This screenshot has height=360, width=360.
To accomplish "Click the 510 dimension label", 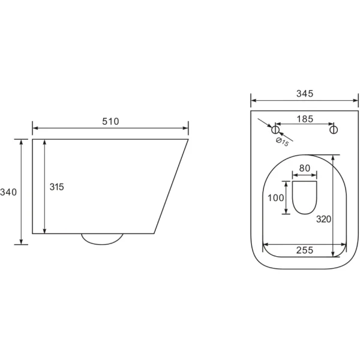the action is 110,121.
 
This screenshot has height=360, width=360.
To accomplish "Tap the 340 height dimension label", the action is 8,192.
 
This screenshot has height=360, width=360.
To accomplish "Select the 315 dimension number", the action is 57,187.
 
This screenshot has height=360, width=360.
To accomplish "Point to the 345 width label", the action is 305,94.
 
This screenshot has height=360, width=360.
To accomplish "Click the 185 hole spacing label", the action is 305,119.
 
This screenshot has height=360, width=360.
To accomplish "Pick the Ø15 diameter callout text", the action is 282,142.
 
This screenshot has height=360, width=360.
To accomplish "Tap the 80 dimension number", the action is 305,168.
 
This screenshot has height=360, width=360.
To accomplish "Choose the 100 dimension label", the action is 276,197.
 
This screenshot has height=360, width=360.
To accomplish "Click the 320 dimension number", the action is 324,219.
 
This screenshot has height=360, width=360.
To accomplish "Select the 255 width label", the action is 305,250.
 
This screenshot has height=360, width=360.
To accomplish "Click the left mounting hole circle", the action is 275,130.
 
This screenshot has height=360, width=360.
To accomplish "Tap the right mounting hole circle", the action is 334,130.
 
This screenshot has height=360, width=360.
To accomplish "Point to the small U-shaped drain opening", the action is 305,197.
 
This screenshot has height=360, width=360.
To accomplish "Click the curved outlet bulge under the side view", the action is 102,239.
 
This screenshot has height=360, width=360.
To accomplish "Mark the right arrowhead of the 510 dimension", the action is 185,128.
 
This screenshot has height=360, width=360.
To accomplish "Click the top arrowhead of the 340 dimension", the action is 21,142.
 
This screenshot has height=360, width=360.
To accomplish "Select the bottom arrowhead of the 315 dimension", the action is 44,231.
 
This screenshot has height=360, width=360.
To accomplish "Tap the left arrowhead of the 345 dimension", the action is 254,100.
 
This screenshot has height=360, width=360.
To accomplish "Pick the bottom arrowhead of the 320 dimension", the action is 333,254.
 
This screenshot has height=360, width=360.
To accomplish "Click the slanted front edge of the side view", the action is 171,187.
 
